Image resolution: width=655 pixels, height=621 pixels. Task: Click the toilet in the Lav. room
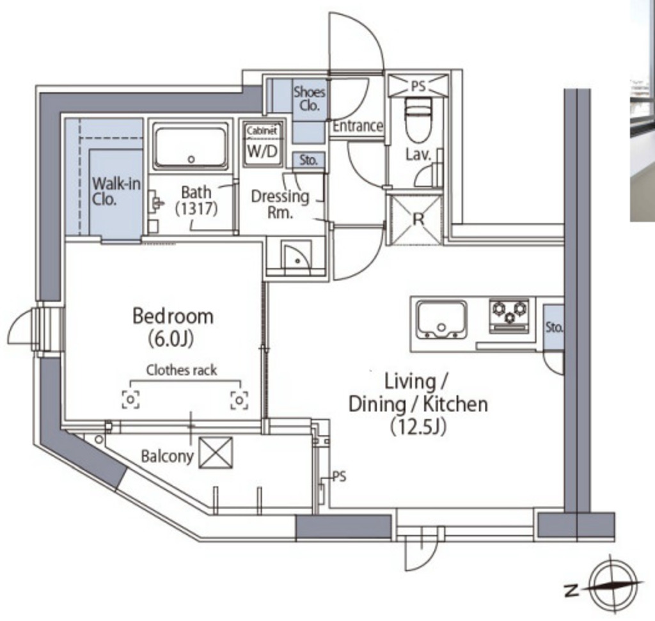[x=418, y=120]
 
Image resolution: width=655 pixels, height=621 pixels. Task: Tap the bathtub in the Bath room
[x=191, y=146]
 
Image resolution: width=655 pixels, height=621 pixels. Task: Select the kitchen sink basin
[x=441, y=320]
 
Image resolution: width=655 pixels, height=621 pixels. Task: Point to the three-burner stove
[x=509, y=316]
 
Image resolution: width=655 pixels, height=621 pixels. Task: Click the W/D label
[x=262, y=151]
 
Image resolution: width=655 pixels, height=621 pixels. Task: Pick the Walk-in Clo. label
[x=116, y=192]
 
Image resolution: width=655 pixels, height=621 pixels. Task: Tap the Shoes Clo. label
[x=309, y=98]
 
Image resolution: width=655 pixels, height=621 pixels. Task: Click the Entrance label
[x=358, y=126]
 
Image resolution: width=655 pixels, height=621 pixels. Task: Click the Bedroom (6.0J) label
[x=173, y=327]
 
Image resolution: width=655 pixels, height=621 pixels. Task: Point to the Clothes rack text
[x=181, y=370]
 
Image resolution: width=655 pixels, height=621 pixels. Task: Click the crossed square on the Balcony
[x=216, y=453]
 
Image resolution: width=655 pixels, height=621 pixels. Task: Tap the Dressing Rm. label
[x=280, y=204]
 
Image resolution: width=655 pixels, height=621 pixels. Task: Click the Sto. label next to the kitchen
[x=554, y=327]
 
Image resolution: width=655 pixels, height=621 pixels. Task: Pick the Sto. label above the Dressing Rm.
[x=308, y=160]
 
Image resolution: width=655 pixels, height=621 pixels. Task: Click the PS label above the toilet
[x=418, y=86]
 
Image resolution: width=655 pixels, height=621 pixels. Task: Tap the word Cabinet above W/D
[x=262, y=130]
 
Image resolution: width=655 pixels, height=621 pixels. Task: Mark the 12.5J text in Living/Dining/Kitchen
[x=418, y=427]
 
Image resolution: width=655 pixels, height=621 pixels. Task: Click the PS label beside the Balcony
[x=339, y=476]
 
